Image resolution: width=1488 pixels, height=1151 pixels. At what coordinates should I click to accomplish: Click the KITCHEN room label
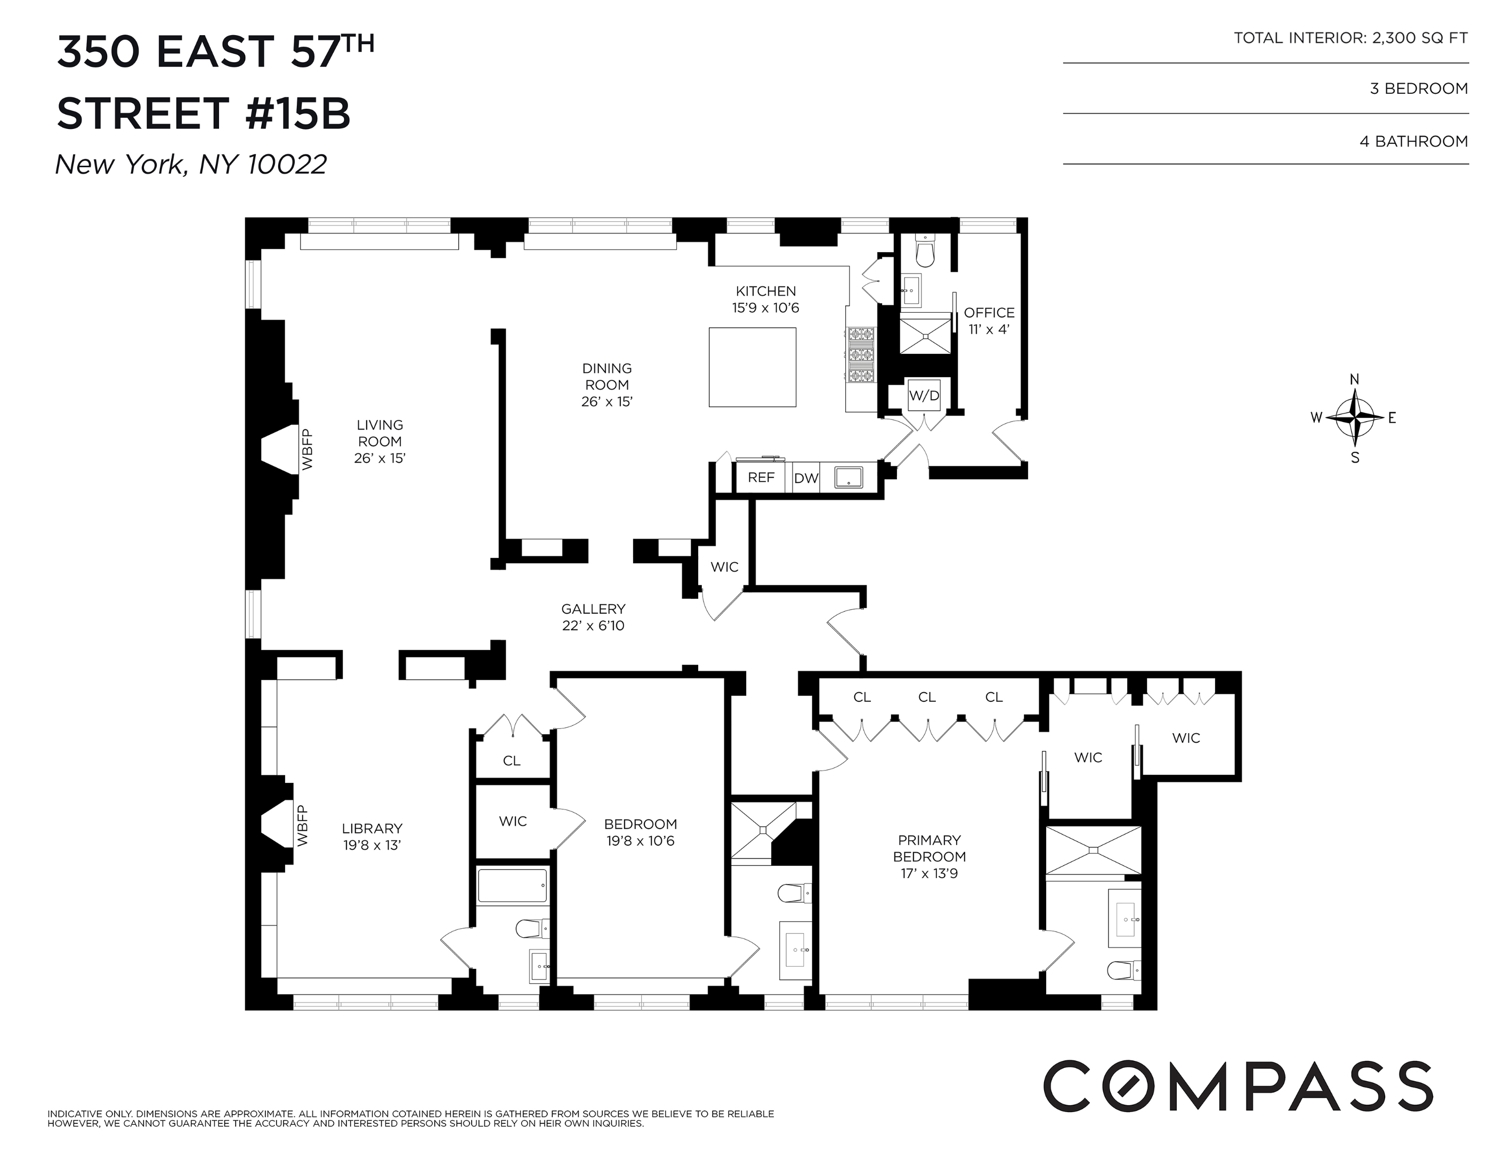765,291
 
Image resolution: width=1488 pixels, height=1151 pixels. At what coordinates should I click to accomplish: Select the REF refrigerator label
761,477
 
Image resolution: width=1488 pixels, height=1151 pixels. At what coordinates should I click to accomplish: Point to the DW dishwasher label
805,478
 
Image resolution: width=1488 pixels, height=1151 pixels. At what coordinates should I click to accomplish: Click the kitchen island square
752,367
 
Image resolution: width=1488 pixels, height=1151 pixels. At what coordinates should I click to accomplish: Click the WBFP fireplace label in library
303,826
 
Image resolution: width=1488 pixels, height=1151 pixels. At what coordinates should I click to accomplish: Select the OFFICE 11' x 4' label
989,321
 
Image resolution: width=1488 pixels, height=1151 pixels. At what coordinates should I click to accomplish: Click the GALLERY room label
593,609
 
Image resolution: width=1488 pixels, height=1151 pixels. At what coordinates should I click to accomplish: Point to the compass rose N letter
1354,379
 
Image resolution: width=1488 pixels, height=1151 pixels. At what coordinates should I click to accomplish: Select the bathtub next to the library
511,886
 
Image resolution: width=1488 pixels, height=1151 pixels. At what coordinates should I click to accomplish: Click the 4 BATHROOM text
1413,142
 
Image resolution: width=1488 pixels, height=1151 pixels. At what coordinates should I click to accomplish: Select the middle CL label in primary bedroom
927,698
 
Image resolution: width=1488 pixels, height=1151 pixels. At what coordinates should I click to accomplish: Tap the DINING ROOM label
606,377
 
